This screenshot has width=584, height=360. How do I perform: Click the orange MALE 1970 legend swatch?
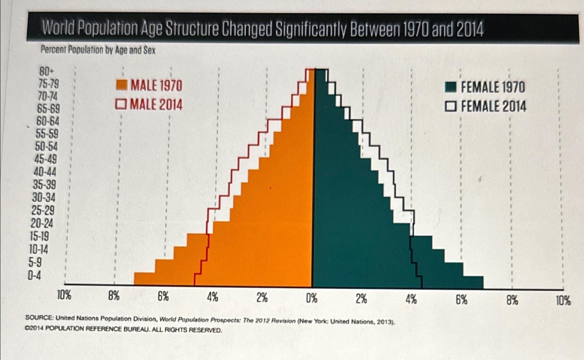[122, 85]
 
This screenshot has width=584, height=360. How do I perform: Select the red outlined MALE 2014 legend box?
[122, 104]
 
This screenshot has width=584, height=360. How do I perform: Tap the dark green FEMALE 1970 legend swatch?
[450, 87]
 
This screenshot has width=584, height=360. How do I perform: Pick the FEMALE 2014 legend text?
[493, 106]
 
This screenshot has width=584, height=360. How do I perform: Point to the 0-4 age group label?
[34, 276]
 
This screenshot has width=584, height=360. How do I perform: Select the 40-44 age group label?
[45, 172]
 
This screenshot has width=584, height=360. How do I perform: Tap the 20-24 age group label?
[42, 224]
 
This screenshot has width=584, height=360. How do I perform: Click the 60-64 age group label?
[48, 121]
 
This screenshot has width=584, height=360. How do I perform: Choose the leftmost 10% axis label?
[64, 296]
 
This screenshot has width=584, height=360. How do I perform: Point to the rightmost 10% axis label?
[563, 301]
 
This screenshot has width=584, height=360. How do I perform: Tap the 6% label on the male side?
[163, 297]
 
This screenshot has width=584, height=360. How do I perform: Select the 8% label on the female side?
[512, 300]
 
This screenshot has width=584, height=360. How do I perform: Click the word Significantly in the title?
[311, 30]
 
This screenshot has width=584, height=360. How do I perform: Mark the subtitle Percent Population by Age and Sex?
[98, 50]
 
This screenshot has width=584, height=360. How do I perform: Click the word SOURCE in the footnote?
[39, 318]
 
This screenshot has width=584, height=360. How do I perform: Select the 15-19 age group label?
[40, 237]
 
